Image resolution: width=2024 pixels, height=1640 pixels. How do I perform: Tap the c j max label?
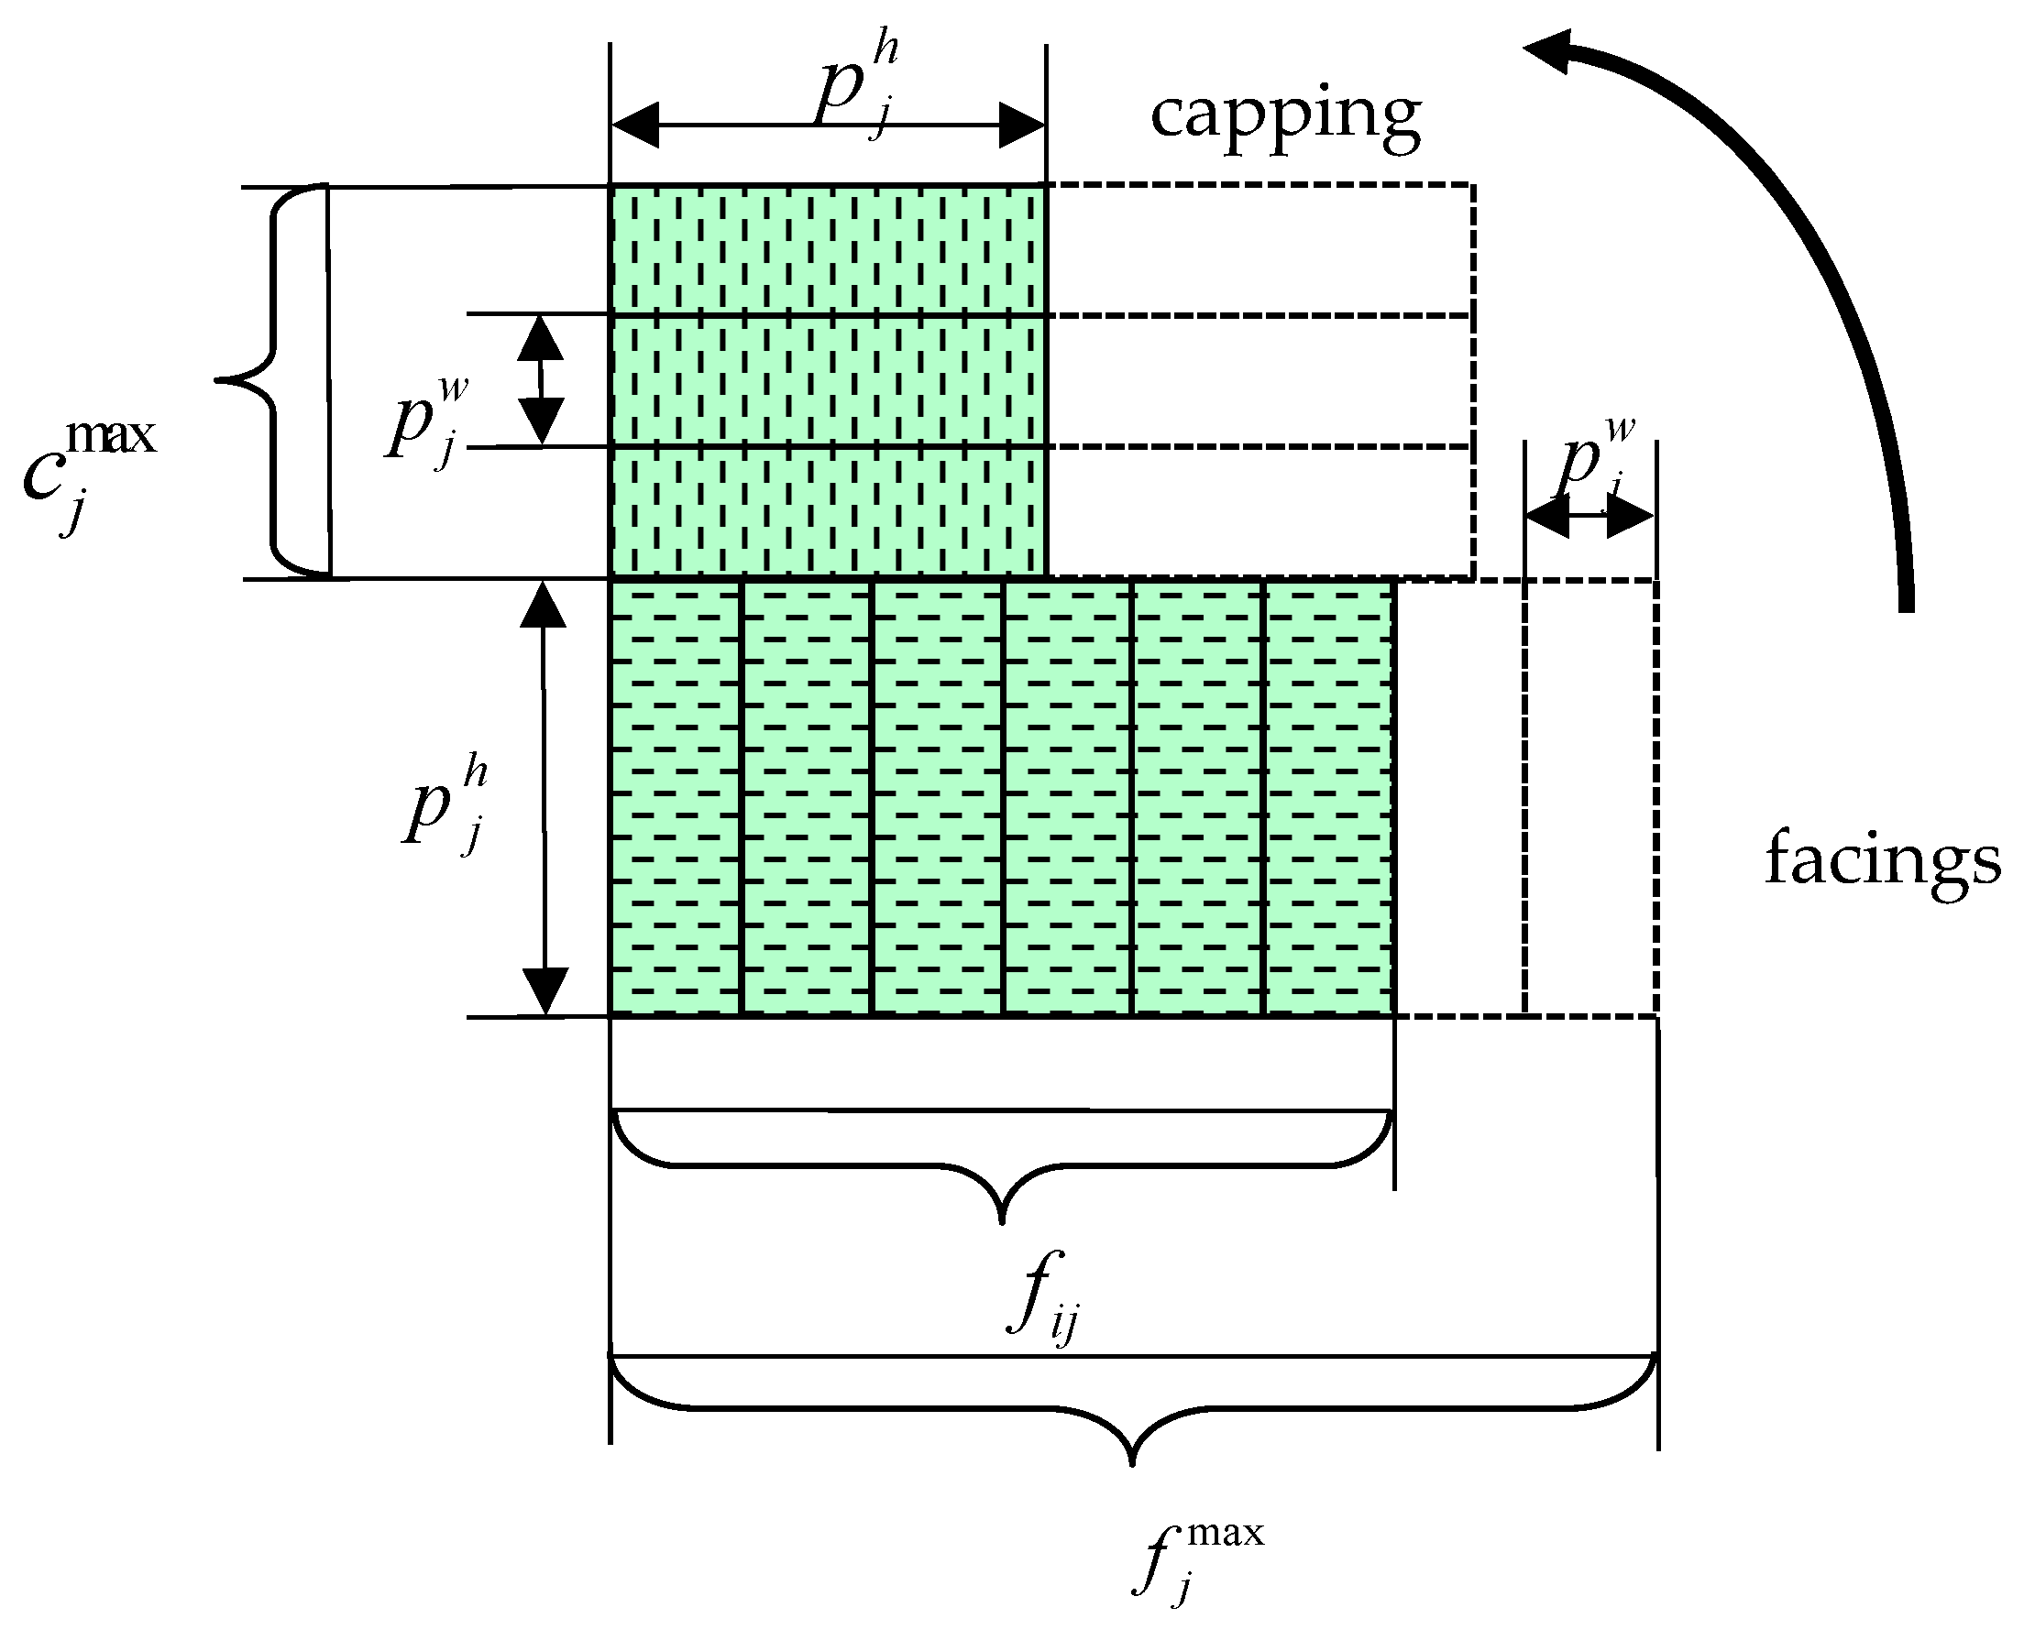click(90, 473)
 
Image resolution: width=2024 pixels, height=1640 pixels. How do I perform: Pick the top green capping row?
click(828, 250)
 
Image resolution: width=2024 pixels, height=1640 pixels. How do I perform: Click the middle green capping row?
click(828, 381)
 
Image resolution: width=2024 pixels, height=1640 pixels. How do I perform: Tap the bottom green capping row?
click(828, 511)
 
